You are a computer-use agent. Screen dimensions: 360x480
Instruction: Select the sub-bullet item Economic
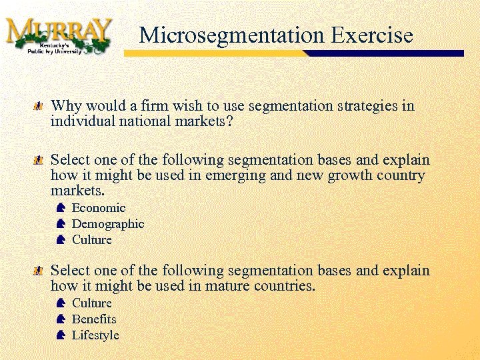tap(98, 208)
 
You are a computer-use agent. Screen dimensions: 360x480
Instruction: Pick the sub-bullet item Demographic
tap(107, 224)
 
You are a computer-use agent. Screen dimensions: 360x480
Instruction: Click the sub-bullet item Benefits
tap(94, 319)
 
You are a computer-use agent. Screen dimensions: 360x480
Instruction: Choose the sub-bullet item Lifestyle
tap(95, 335)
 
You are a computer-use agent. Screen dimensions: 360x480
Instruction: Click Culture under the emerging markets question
tap(91, 240)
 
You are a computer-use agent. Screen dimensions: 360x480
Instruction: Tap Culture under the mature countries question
tap(91, 303)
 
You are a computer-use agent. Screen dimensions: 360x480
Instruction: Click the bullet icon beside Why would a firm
tap(39, 107)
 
